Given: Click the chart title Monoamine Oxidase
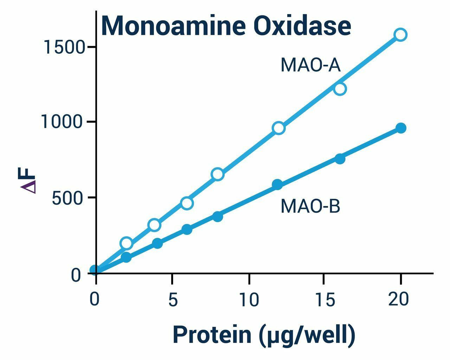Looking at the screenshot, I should point(226,26).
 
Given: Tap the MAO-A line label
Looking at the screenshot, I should point(310,65).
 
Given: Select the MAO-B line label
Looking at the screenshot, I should point(310,206).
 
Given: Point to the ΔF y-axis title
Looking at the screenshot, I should point(28,179).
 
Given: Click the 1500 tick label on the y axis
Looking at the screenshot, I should point(64,47).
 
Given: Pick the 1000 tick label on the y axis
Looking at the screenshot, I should point(63,122).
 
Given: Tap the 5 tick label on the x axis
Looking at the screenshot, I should point(172,300).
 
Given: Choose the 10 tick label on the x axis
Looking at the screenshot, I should point(249,300).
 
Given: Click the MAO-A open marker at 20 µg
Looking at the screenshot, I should point(400,34).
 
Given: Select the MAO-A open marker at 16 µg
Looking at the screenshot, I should point(340,89).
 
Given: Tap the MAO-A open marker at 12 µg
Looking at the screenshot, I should point(278,128).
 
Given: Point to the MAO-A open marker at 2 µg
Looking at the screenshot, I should point(126,243).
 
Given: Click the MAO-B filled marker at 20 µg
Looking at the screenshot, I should point(401,128).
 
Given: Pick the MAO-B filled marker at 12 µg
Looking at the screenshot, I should point(277,184).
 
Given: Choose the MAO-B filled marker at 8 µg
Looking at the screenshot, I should point(218,217).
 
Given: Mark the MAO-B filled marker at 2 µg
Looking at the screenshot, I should point(126,257).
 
